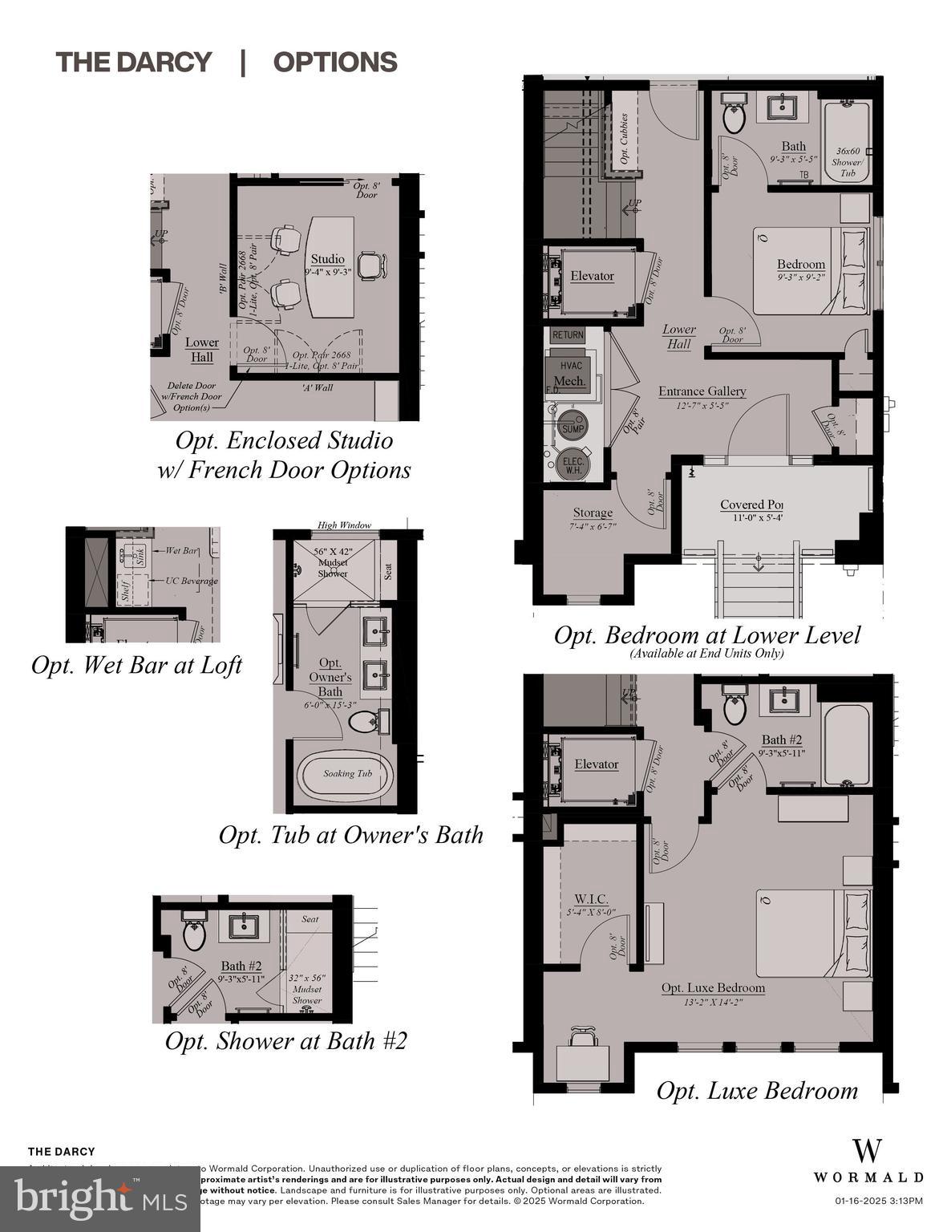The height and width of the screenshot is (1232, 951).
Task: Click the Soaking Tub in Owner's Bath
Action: pos(346,775)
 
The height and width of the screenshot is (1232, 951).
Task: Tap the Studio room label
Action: pos(327,259)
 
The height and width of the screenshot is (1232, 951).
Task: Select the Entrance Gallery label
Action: pos(702,391)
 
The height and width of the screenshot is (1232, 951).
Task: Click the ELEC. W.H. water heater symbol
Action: pos(573,465)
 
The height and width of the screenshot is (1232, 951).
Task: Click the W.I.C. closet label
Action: pos(591,899)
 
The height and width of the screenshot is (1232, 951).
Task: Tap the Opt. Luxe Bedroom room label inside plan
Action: pos(713,988)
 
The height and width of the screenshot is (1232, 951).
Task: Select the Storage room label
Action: pos(593,513)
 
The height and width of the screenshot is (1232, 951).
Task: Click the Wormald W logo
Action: pos(867,1150)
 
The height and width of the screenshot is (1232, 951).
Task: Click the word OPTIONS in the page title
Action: pos(335,62)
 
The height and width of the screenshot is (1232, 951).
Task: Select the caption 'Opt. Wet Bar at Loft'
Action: pos(136,665)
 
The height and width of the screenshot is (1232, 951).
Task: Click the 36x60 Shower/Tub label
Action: pos(848,161)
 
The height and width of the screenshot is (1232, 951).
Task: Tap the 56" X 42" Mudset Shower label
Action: pos(332,562)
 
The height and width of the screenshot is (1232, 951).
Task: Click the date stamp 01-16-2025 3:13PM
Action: pos(878,1201)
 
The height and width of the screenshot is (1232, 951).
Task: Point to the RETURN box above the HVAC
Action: pos(568,335)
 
